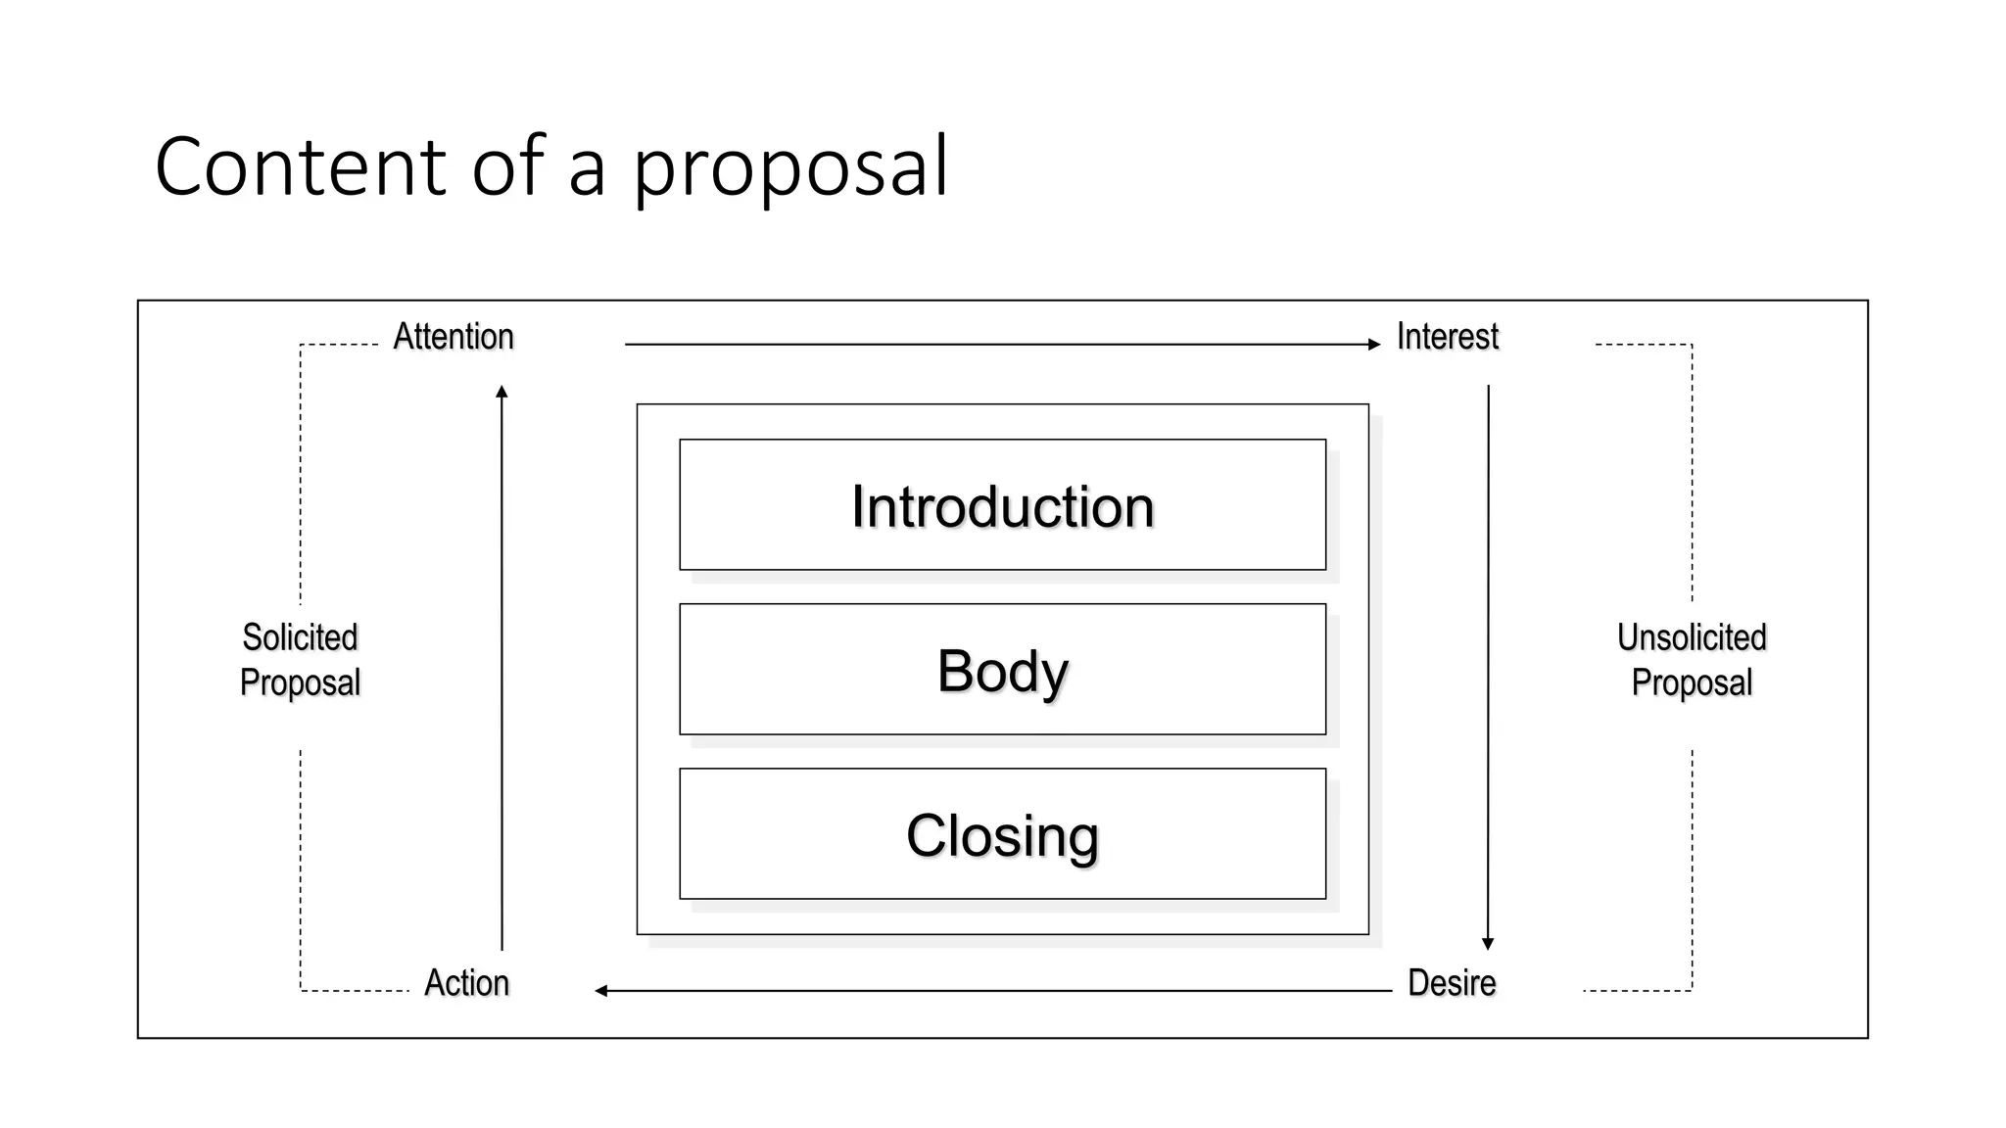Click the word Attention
click(x=454, y=337)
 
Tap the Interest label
click(x=1447, y=337)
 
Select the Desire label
click(x=1452, y=983)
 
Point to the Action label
click(x=466, y=983)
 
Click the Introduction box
click(x=1002, y=505)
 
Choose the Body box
click(x=1002, y=670)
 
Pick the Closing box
click(x=1002, y=834)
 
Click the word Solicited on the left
click(x=300, y=637)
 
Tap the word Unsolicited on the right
click(x=1692, y=637)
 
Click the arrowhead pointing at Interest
click(x=1374, y=345)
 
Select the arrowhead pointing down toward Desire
click(x=1488, y=944)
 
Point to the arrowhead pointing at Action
click(x=601, y=991)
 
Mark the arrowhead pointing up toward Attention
click(x=501, y=392)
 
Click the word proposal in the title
click(x=789, y=168)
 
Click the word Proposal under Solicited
click(x=300, y=682)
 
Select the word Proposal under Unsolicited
click(x=1692, y=682)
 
